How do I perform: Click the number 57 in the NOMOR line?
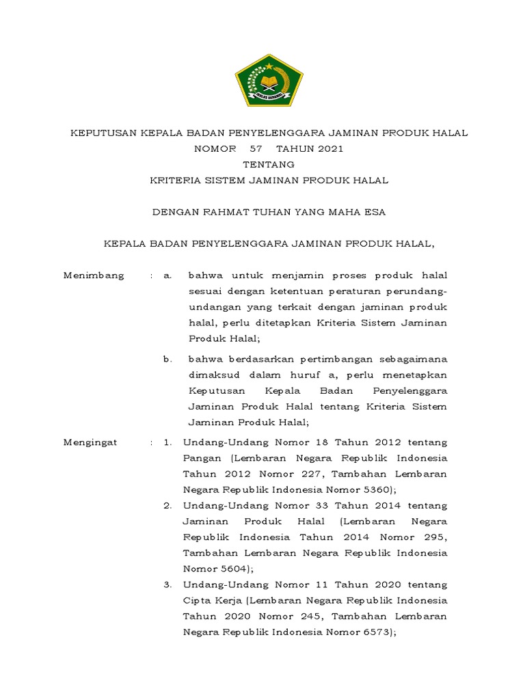coord(256,148)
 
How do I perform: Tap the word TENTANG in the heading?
coord(269,164)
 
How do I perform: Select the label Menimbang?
coord(94,275)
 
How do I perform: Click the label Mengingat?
coord(90,442)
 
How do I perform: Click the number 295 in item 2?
coord(429,537)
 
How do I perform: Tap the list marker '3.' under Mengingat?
coord(167,584)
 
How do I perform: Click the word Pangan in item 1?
coord(202,458)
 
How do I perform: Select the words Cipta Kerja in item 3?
coord(213,600)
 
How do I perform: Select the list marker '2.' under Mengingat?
coord(167,506)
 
